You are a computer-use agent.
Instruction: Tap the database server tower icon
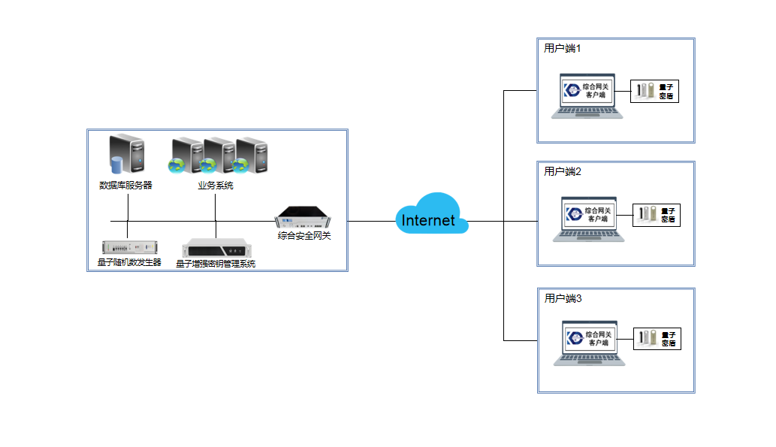(x=125, y=156)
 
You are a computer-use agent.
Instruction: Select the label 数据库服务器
(x=125, y=186)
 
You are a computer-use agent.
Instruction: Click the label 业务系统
(x=216, y=186)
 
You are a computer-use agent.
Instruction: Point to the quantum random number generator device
(x=130, y=246)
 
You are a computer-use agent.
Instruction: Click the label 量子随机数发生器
(x=130, y=263)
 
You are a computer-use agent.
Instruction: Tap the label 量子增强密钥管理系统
(x=216, y=264)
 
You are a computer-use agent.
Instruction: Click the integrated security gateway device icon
(x=303, y=218)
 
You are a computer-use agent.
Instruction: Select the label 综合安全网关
(x=304, y=236)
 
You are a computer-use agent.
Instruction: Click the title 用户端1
(x=563, y=48)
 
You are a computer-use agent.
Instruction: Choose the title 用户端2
(x=563, y=171)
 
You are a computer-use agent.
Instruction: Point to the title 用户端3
(x=563, y=298)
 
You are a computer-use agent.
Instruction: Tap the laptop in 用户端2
(x=590, y=219)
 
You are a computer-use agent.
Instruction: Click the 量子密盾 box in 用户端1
(x=654, y=92)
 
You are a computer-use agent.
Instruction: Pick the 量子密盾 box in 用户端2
(x=657, y=215)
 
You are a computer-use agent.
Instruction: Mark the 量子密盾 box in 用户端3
(x=657, y=339)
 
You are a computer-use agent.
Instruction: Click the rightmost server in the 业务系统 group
(x=252, y=156)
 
